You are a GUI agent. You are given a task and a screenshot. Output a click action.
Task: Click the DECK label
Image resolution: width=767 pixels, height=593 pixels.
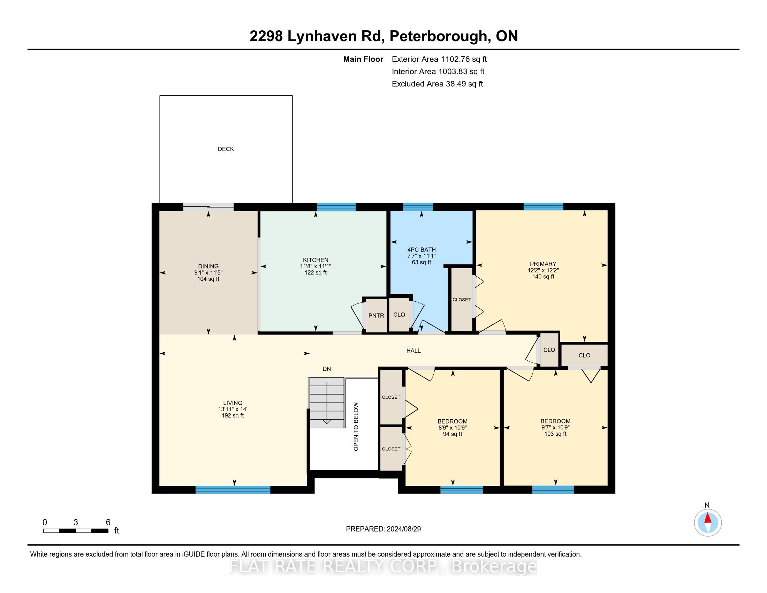pyautogui.click(x=226, y=149)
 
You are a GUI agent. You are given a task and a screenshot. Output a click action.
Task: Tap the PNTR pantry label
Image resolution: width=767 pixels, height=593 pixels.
pyautogui.click(x=376, y=315)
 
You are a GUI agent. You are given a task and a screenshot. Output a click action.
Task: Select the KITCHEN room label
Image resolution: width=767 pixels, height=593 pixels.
pyautogui.click(x=316, y=260)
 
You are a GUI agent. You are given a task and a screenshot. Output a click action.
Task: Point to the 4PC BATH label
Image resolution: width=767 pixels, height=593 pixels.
pyautogui.click(x=422, y=249)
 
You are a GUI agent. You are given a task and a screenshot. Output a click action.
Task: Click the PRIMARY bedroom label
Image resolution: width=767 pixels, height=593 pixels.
pyautogui.click(x=543, y=264)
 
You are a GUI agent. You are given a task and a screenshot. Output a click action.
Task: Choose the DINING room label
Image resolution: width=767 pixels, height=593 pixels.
pyautogui.click(x=208, y=266)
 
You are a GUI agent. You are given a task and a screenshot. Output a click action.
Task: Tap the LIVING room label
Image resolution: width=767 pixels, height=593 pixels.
pyautogui.click(x=233, y=403)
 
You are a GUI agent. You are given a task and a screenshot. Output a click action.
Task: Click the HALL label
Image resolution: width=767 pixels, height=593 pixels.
pyautogui.click(x=413, y=351)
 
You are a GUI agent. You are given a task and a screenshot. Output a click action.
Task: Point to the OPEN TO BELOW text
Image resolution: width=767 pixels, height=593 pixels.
pyautogui.click(x=356, y=427)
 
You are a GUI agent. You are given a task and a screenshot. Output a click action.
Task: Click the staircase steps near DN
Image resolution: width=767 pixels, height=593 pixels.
pyautogui.click(x=327, y=403)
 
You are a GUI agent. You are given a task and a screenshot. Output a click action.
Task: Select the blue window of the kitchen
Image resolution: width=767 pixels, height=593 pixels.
pyautogui.click(x=336, y=207)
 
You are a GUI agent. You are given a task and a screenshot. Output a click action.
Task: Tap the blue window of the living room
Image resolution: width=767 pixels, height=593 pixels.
pyautogui.click(x=233, y=490)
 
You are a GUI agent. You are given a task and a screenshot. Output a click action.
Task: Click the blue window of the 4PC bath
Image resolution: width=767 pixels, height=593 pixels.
pyautogui.click(x=418, y=207)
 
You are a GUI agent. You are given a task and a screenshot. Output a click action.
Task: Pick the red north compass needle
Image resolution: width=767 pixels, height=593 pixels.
pyautogui.click(x=708, y=518)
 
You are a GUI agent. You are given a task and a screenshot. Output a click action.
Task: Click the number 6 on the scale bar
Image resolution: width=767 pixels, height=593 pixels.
pyautogui.click(x=108, y=522)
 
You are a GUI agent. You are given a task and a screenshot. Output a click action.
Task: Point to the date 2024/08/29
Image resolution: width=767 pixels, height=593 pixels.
pyautogui.click(x=403, y=529)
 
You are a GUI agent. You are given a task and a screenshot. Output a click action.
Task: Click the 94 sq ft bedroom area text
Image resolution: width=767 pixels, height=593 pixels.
pyautogui.click(x=452, y=434)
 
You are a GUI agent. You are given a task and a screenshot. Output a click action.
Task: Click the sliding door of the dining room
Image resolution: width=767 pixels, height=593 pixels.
pyautogui.click(x=208, y=207)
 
